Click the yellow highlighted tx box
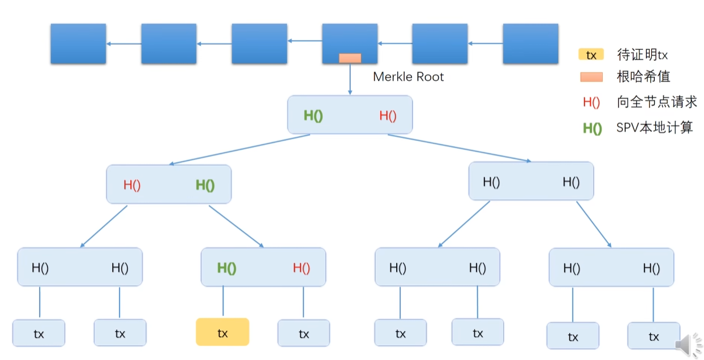[222, 332]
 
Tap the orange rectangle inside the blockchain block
[350, 58]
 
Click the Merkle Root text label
[408, 77]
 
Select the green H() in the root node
[313, 115]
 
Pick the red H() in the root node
[388, 115]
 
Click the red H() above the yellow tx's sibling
[302, 268]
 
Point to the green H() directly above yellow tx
[226, 268]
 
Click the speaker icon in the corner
[688, 344]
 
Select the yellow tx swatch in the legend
[591, 55]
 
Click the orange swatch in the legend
[591, 77]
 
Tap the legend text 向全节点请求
[656, 102]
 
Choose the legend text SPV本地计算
[654, 128]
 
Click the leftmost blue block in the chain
[78, 44]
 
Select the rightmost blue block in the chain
[530, 44]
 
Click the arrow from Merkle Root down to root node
[350, 79]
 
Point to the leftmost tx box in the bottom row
[39, 333]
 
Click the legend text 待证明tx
[642, 55]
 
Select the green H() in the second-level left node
[205, 185]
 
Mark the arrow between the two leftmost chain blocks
[123, 44]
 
